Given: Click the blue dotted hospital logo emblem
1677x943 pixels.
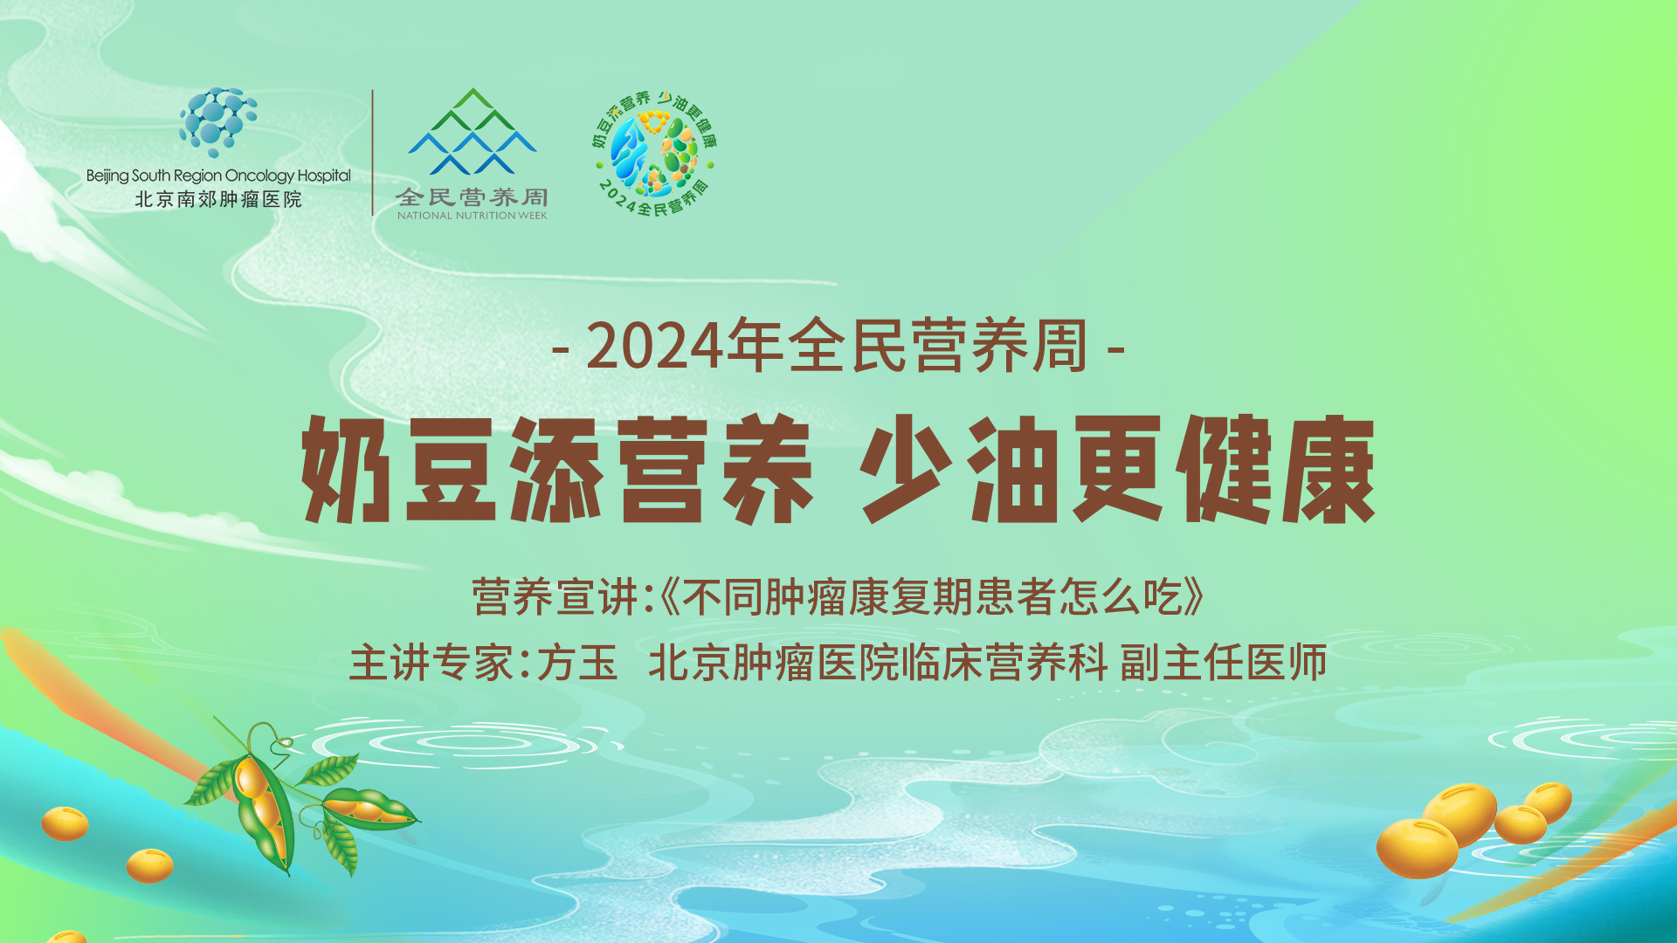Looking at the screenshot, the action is click(218, 122).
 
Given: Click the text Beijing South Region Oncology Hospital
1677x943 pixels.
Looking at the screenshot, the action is click(218, 176).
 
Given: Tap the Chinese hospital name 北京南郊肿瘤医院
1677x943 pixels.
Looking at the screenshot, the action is click(218, 199).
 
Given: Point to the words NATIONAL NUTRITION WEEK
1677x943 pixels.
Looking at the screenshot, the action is click(473, 216).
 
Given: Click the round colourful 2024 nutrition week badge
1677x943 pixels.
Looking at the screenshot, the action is click(654, 154).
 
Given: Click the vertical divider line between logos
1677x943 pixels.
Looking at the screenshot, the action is click(373, 152).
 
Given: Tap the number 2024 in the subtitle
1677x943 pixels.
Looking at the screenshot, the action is click(655, 347).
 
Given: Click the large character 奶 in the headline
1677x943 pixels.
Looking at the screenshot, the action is click(347, 469).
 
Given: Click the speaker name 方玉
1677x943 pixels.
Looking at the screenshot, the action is click(577, 662).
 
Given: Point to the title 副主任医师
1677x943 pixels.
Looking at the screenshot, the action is click(1224, 662).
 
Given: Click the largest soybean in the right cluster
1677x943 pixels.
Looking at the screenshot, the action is click(1417, 848).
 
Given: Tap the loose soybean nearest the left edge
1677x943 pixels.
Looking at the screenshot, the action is click(66, 823).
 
